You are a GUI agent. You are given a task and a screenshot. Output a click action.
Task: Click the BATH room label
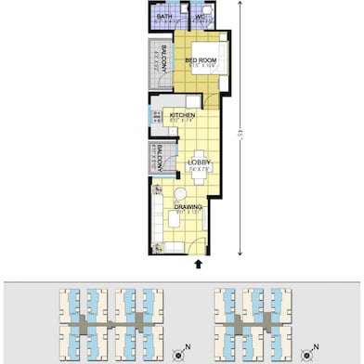point(163,17)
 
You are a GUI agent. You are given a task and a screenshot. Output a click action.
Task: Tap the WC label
point(201,17)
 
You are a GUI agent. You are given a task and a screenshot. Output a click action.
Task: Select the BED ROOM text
point(200,60)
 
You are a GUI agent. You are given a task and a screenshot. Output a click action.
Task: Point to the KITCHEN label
point(181,115)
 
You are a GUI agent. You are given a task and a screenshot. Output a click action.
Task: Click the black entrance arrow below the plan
point(198,264)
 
